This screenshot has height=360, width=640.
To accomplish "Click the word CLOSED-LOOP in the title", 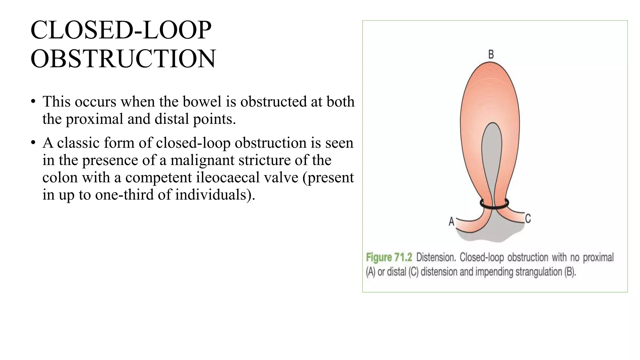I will [x=121, y=30].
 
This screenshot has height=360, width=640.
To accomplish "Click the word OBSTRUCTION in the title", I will [x=123, y=59].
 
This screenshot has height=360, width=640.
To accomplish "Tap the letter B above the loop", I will [x=491, y=54].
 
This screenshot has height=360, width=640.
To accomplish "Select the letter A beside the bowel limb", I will [x=451, y=222].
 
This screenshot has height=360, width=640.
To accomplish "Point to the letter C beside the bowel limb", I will [x=528, y=218].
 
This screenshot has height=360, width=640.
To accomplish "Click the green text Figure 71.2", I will [x=389, y=257].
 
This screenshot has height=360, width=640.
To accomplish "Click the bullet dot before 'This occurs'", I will [x=33, y=102].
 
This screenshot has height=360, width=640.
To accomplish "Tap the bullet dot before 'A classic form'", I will [x=33, y=143].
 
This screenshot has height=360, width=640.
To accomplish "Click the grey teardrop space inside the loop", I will [x=492, y=156].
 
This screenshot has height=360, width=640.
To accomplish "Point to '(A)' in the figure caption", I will [x=371, y=272].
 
